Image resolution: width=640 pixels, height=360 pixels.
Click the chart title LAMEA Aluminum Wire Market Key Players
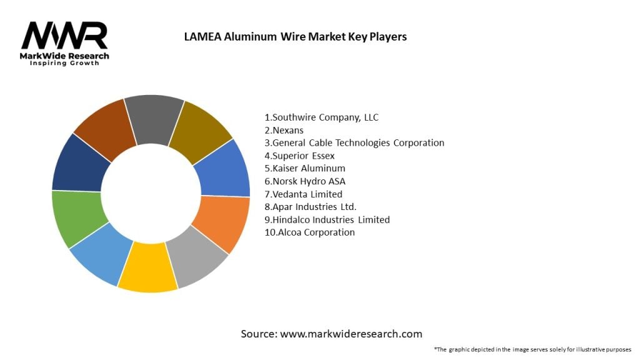295,37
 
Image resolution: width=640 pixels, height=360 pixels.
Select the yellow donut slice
148,271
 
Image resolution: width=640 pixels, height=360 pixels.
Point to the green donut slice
78,218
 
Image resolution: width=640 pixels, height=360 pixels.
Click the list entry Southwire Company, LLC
321,117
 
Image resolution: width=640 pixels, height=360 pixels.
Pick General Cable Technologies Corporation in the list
354,143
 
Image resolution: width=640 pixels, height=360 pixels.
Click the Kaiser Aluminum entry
305,168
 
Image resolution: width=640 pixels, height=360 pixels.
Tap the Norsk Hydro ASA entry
304,181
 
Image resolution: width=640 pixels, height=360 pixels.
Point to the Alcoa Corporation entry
309,232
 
